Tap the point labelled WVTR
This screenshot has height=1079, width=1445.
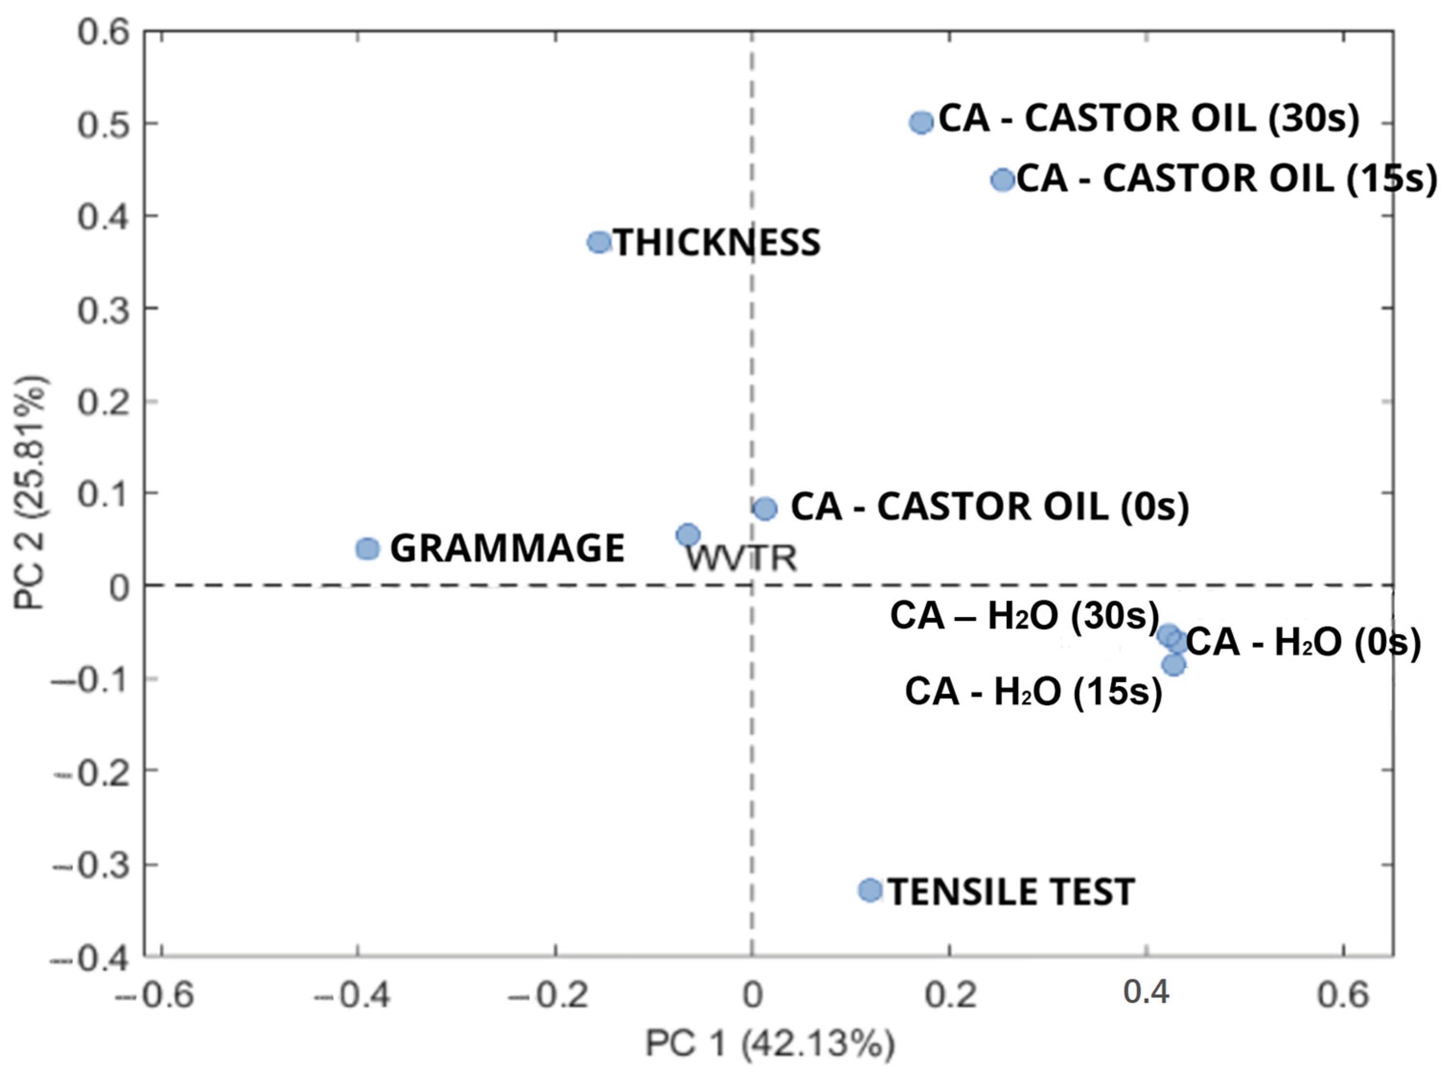pos(688,535)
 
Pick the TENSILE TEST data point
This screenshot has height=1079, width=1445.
pos(870,890)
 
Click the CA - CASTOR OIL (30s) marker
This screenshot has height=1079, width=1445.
pos(921,122)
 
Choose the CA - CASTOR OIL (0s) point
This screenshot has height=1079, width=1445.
pos(765,508)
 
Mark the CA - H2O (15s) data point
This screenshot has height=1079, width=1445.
pos(1173,665)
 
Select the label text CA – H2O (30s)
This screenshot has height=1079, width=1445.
pos(1024,616)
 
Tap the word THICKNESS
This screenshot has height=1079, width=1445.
pos(717,243)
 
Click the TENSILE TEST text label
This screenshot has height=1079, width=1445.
pos(1011,892)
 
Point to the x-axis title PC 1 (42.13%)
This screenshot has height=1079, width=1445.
pos(769,1044)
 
